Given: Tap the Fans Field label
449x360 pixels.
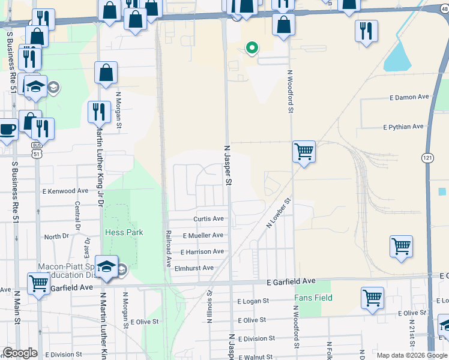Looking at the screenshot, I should coord(313,298).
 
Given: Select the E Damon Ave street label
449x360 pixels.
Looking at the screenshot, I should coord(409,97).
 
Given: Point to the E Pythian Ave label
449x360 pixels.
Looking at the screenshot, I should coord(403,127).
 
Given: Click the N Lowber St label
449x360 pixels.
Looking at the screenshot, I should coord(279,213).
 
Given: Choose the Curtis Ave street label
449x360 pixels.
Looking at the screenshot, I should coord(208,219).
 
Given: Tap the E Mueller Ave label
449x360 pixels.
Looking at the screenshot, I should coord(203,236).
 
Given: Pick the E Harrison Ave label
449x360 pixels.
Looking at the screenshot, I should coord(202,252).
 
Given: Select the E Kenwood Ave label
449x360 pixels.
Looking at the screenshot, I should coord(65,191).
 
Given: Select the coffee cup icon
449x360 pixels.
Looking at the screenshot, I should coord(8,130).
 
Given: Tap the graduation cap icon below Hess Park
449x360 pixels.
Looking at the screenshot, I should coord(106,267).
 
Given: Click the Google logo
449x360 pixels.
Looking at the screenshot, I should coord(20,353).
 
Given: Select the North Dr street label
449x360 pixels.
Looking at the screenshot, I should coord(57,236).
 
